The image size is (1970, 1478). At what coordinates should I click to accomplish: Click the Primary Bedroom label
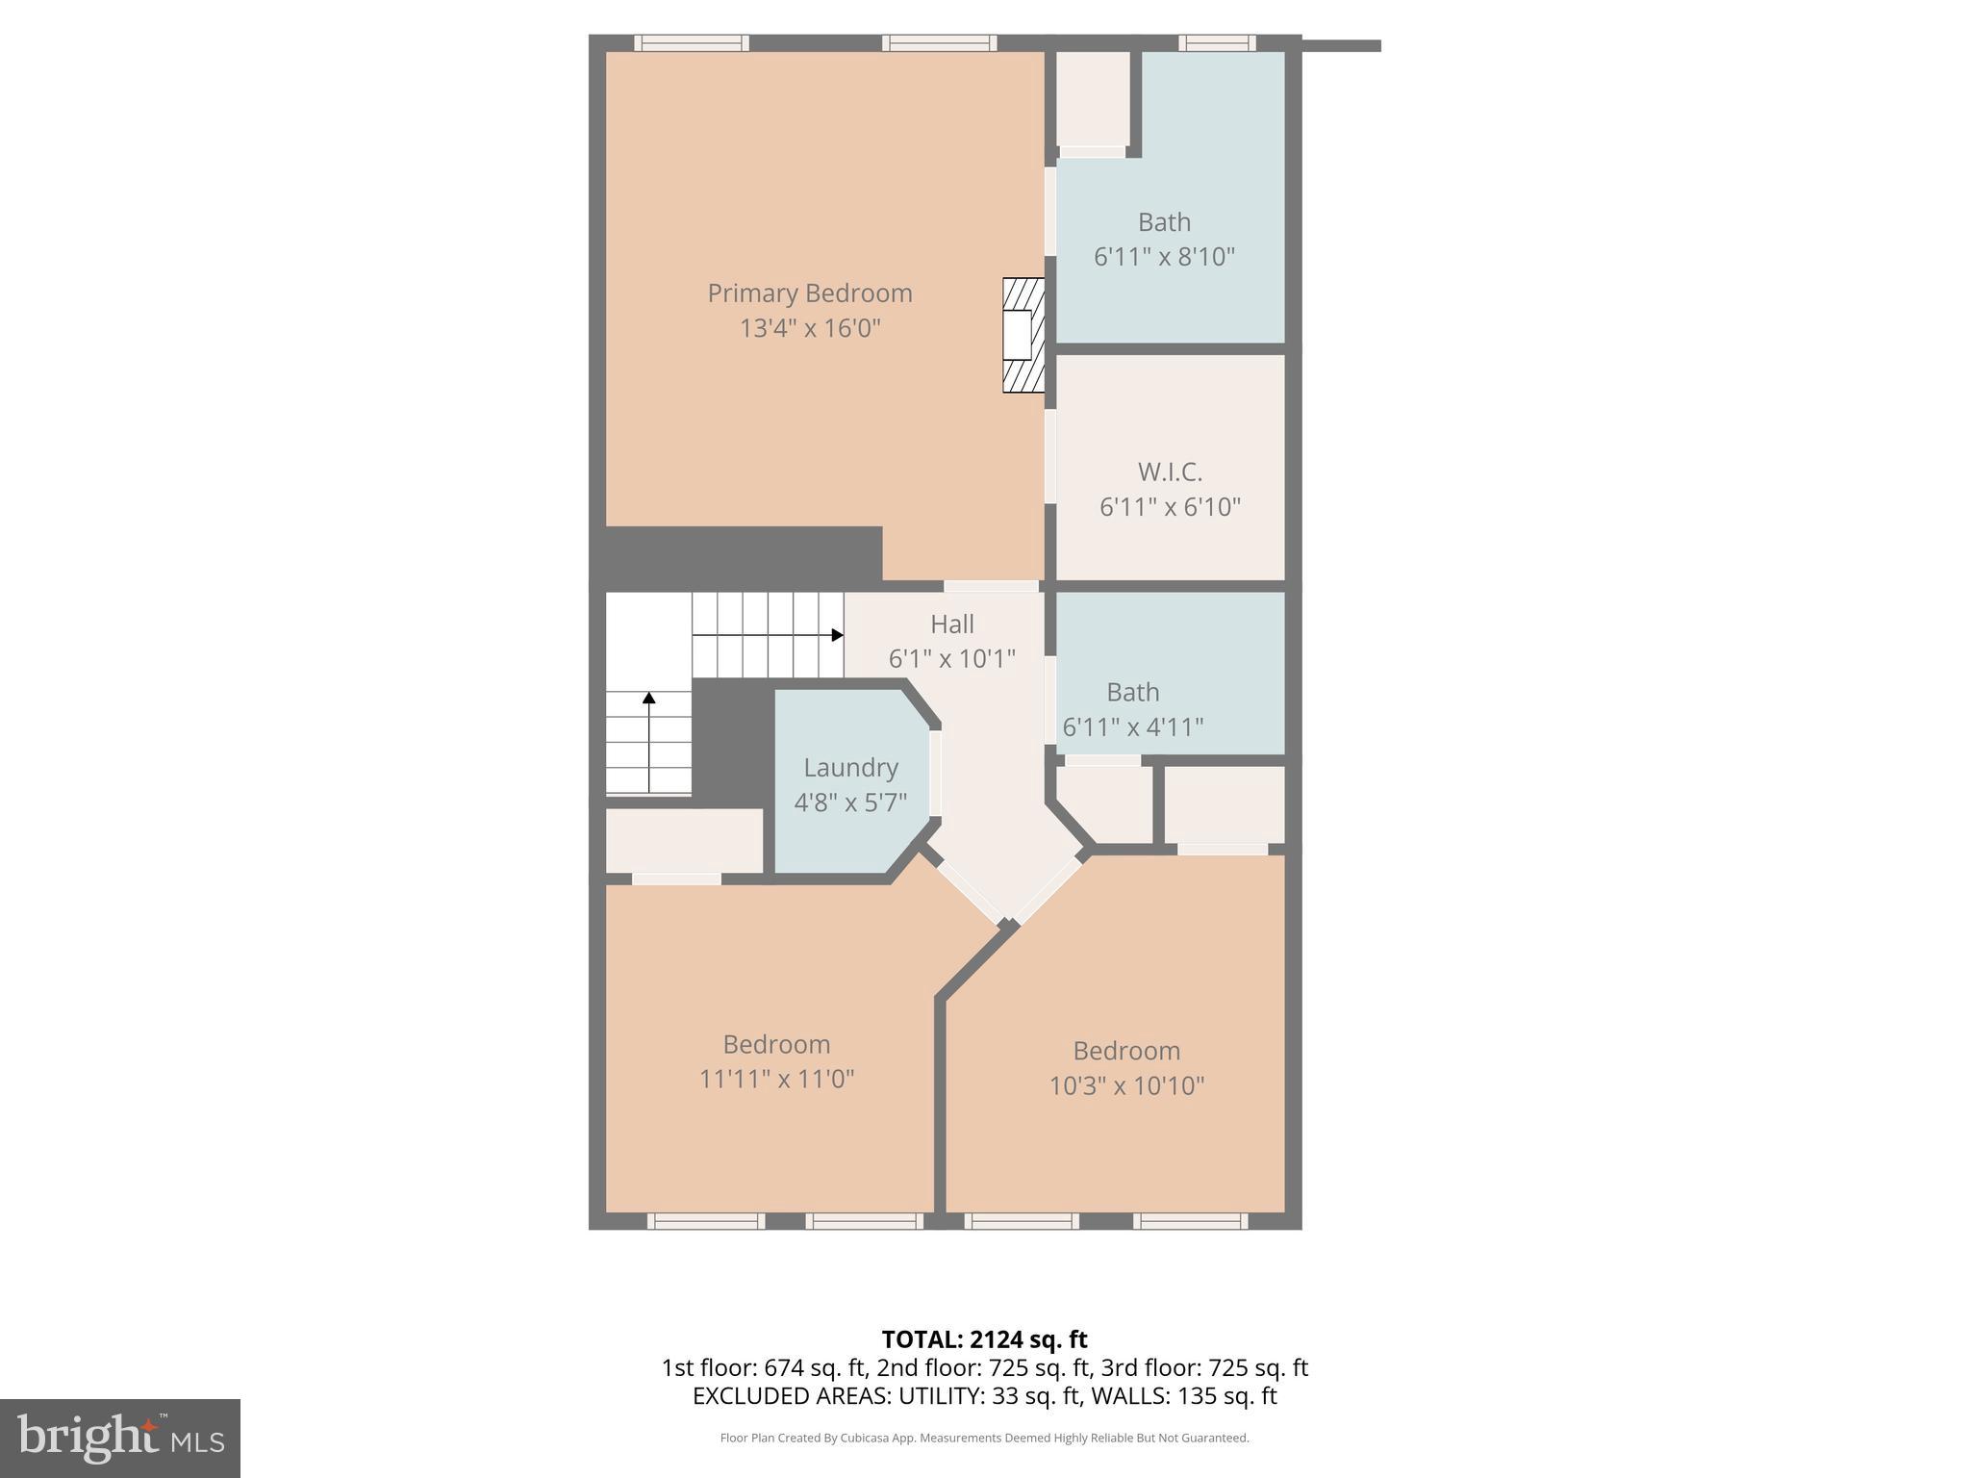809,293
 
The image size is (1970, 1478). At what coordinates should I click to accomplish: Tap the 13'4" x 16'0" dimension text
809,328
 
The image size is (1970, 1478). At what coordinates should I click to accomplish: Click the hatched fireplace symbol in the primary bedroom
1023,335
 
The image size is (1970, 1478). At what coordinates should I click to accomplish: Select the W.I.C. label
1170,472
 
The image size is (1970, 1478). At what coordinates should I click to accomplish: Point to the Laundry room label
850,768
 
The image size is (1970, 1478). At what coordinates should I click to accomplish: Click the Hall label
951,624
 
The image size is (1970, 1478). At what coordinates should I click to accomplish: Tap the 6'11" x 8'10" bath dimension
1164,257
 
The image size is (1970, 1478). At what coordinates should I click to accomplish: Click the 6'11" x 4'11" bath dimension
1132,727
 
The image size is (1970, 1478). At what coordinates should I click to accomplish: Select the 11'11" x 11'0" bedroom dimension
776,1079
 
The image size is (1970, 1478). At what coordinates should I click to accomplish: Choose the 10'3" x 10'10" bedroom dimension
1126,1085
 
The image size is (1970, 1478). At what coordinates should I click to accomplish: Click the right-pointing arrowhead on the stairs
837,635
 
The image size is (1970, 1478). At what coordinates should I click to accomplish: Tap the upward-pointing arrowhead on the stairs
649,698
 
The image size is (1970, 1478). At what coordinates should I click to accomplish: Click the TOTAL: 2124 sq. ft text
984,1339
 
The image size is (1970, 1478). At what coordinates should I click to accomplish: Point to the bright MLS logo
120,1438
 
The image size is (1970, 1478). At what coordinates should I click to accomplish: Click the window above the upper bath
1217,42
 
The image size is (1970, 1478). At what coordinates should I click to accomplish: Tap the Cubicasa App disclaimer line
984,1439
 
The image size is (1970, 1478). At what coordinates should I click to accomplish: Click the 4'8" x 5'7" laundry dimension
850,803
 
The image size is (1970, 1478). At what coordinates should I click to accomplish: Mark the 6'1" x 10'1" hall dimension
951,659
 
